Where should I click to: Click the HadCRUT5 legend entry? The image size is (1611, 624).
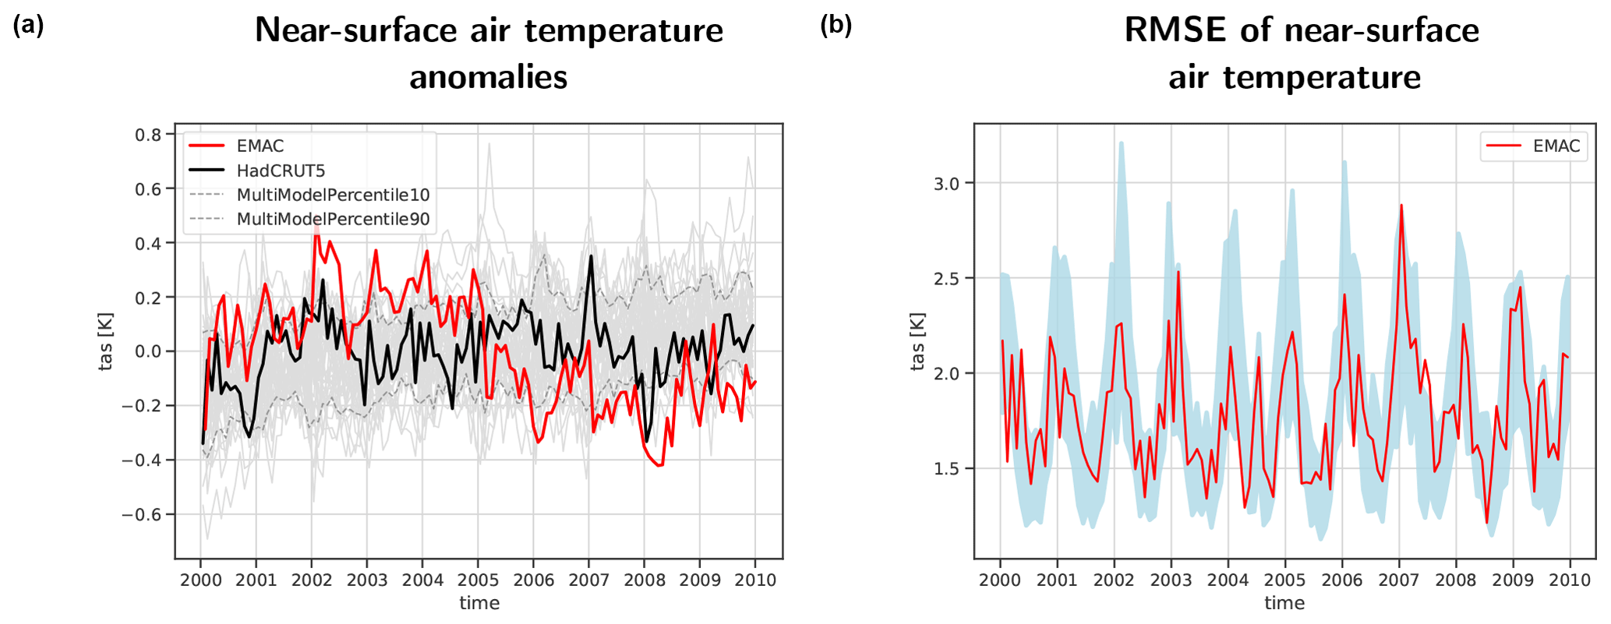281,171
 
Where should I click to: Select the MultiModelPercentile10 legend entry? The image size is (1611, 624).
333,195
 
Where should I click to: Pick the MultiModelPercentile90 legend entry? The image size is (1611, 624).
333,219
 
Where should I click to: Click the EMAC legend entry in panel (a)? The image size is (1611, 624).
260,146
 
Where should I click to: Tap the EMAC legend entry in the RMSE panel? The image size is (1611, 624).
1556,146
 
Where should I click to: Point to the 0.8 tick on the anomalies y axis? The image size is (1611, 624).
148,135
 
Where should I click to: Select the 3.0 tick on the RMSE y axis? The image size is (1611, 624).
948,183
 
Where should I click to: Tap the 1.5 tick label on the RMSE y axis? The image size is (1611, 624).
948,468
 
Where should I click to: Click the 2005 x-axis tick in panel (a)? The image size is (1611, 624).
478,580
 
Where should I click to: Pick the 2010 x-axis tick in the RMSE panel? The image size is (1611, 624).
1569,580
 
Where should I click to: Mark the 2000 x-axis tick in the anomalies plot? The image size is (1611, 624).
200,580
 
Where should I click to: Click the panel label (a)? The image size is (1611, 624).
28,26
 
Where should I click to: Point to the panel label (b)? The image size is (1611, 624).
836,26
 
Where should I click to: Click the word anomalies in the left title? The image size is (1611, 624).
489,77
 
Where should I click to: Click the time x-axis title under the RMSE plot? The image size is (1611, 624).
1284,603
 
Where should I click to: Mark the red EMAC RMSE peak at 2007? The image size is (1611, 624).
1401,206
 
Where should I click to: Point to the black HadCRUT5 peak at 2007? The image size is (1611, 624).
591,256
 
